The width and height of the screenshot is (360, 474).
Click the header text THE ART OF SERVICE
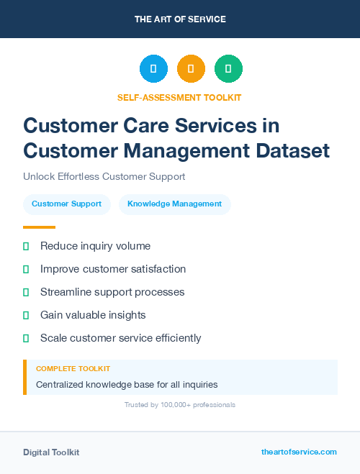pos(180,19)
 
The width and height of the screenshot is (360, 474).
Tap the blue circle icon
pos(153,69)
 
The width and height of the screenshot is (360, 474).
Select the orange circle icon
pos(191,69)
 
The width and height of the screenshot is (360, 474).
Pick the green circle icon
pos(228,69)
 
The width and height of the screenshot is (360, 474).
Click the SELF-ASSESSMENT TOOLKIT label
pos(179,97)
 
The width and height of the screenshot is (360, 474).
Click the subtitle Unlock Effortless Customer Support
pos(104,176)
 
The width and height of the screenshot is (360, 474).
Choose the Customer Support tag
pos(66,204)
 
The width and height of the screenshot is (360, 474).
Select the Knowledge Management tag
pos(174,204)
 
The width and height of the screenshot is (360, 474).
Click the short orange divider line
pos(39,227)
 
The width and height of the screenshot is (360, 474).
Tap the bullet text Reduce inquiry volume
pos(95,246)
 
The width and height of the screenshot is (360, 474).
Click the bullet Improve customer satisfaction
pos(113,269)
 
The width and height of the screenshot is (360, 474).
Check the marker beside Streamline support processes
pos(26,292)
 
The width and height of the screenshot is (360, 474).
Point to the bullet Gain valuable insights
pos(93,315)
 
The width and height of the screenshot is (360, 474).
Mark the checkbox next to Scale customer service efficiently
pos(26,338)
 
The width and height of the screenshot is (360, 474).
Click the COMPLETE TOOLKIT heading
pos(73,369)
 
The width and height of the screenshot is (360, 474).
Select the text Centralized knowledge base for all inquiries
pos(127,385)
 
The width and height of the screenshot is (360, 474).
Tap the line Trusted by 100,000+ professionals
pos(179,405)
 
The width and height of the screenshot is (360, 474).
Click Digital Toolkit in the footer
pos(51,452)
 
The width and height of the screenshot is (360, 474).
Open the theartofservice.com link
pos(299,452)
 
